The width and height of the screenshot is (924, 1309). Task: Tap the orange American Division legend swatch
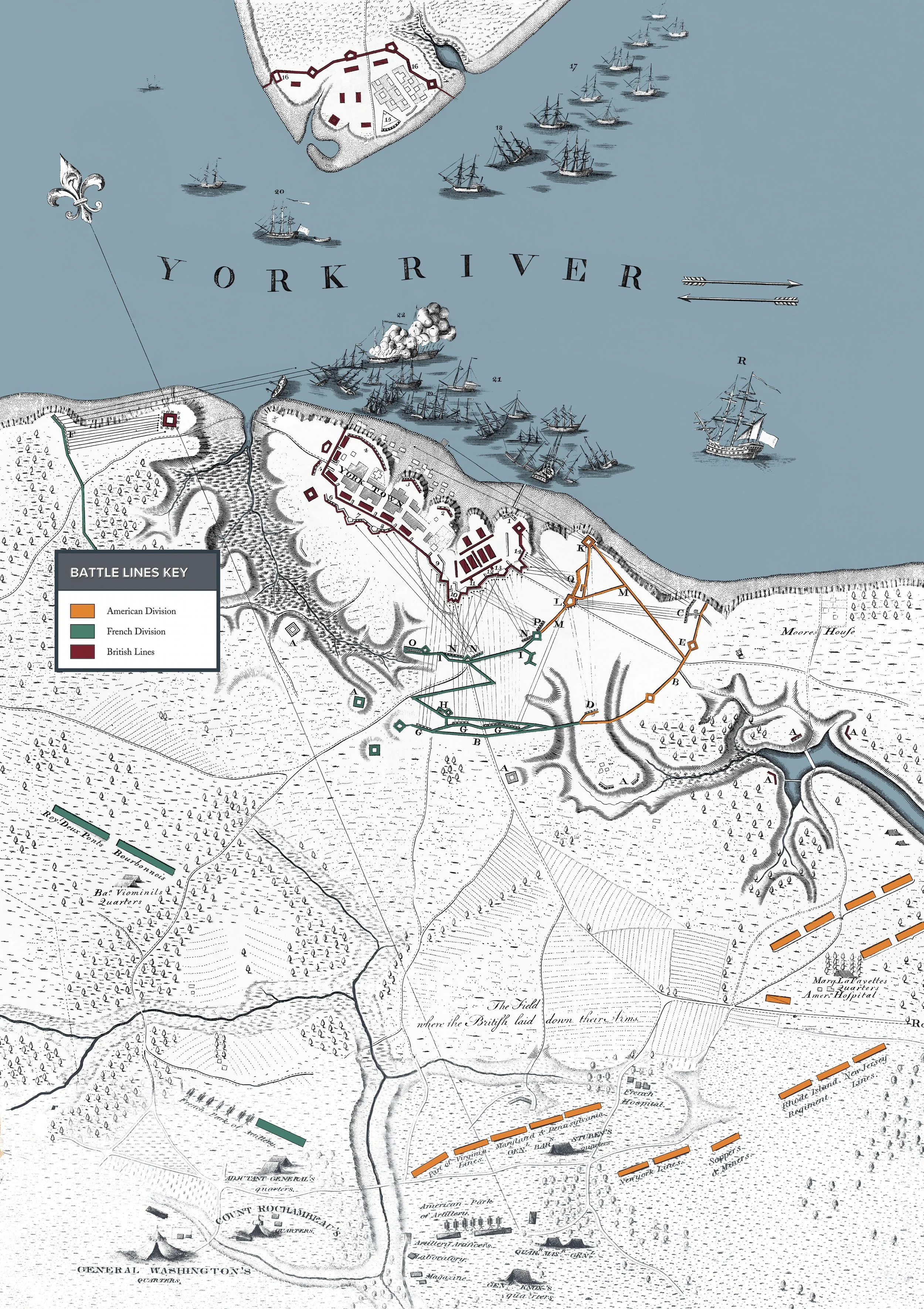(x=82, y=611)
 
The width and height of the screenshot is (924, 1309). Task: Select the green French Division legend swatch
(x=82, y=631)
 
